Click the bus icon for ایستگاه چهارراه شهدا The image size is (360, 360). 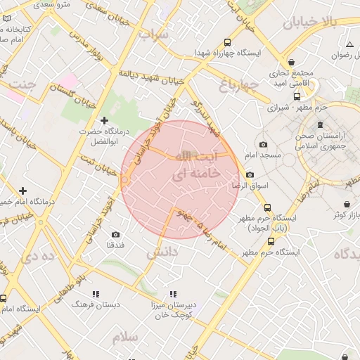click(227, 42)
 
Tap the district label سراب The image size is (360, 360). click(153, 34)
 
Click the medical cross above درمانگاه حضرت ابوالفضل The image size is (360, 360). click(105, 121)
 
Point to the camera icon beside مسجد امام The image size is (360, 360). click(263, 144)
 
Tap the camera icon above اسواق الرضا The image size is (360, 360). click(250, 175)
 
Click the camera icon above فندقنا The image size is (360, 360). click(115, 234)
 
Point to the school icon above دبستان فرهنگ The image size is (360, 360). click(95, 294)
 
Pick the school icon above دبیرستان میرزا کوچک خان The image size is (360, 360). click(172, 294)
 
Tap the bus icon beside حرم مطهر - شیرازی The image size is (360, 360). click(297, 97)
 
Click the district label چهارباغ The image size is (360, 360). click(239, 86)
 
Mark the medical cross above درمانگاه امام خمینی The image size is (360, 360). click(23, 191)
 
